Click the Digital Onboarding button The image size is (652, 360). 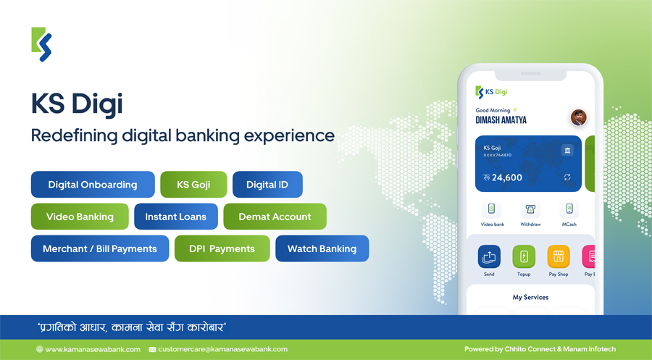[x=93, y=185]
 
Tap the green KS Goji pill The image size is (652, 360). [x=193, y=185]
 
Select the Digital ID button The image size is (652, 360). [x=267, y=185]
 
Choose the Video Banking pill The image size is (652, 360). [x=80, y=217]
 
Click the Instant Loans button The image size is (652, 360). [x=176, y=217]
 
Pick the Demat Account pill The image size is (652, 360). [x=275, y=217]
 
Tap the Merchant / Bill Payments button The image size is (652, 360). [x=100, y=248]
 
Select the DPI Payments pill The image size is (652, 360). [x=222, y=248]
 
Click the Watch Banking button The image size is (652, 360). [x=322, y=248]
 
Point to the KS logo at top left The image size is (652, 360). [x=41, y=44]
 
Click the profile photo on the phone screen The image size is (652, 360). [x=578, y=117]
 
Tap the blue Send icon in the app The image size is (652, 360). [x=489, y=257]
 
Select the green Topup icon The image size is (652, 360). [x=524, y=257]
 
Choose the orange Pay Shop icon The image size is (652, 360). [x=559, y=257]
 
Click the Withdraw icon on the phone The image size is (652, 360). [x=530, y=209]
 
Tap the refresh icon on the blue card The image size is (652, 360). [x=567, y=177]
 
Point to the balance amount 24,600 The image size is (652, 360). [x=507, y=177]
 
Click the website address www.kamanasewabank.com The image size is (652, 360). [x=93, y=350]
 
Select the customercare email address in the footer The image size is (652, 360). [x=223, y=350]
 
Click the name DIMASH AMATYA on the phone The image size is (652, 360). [x=501, y=120]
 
